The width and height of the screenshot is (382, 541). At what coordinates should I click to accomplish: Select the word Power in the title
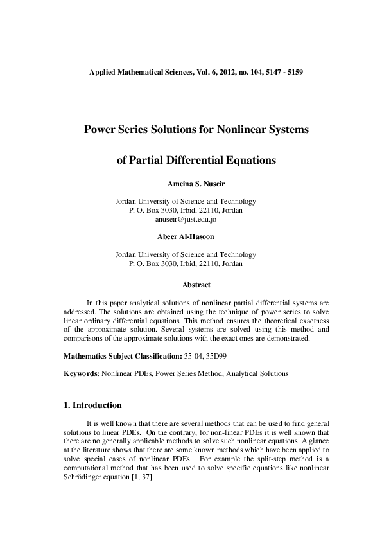coord(101,129)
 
